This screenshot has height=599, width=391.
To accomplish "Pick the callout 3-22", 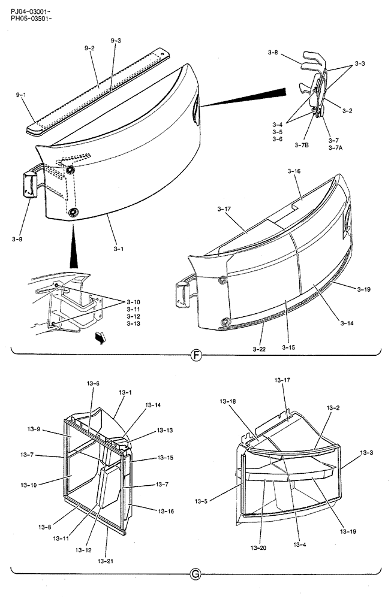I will [x=259, y=346].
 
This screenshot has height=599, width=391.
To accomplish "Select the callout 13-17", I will [x=282, y=380].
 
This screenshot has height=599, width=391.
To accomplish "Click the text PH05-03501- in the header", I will [x=31, y=19].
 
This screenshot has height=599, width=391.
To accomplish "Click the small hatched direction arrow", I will [x=100, y=338].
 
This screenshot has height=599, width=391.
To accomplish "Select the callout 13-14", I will [x=153, y=406].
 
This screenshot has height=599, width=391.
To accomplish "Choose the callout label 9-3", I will [x=116, y=40].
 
